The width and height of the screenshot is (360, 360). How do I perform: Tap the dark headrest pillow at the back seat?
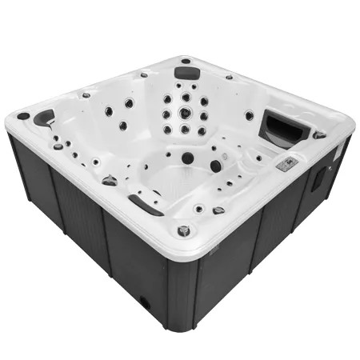click(187, 73)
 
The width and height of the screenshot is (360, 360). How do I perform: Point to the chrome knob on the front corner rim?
click(184, 230)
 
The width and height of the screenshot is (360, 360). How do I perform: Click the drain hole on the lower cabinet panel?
click(145, 303)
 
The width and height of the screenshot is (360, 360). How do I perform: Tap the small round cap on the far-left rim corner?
click(23, 116)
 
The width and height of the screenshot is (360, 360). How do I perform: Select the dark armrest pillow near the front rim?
click(145, 205)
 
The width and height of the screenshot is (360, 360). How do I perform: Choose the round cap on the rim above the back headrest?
click(186, 61)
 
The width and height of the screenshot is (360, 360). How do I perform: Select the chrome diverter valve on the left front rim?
click(110, 181)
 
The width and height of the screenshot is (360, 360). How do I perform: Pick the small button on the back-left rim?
click(86, 95)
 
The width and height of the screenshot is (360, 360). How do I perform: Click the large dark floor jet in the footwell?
click(187, 158)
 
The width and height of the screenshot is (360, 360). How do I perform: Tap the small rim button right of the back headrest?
click(229, 78)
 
